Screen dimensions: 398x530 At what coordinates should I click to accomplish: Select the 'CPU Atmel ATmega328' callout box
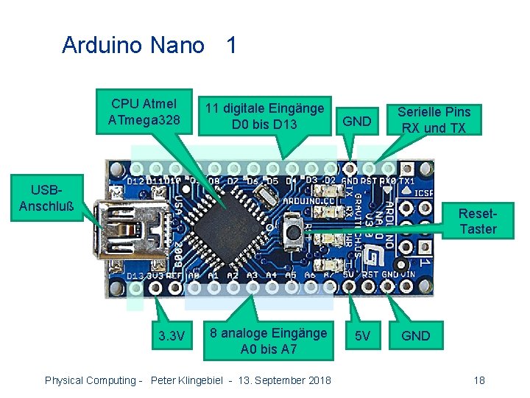(144, 111)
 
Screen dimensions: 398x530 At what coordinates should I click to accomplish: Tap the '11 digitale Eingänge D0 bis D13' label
(264, 116)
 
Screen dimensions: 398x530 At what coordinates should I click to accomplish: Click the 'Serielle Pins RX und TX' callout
(434, 119)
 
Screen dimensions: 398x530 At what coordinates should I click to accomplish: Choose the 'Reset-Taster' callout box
(478, 221)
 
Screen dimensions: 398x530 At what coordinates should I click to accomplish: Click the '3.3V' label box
(172, 336)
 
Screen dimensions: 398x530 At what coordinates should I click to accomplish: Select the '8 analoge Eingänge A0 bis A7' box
(268, 341)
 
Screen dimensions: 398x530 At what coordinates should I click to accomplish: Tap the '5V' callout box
(362, 336)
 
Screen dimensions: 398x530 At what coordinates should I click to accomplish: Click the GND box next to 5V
(416, 336)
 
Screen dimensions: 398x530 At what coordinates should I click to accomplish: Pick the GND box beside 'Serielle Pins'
(357, 121)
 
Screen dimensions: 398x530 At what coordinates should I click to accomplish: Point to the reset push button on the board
(293, 228)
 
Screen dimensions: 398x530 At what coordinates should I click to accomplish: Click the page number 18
(479, 380)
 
